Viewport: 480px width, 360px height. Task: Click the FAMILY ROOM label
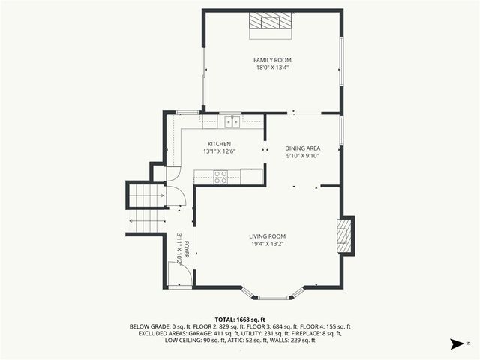coord(272,60)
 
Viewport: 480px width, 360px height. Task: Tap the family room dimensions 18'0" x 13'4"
coord(272,67)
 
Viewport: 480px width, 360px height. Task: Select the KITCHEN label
coord(219,144)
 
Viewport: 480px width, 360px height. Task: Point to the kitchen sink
coord(232,121)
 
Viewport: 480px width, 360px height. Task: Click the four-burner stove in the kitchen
coord(221,177)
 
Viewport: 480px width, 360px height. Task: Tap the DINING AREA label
coord(303,148)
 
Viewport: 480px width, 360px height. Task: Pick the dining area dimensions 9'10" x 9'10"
coord(303,156)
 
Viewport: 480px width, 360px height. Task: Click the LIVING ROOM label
coord(268,236)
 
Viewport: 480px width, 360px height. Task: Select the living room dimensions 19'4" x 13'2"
coord(268,244)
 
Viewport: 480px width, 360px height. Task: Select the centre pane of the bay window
coord(273,297)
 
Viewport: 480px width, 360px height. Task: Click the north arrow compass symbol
coord(455,344)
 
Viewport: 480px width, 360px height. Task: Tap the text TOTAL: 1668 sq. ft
coord(240,319)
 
